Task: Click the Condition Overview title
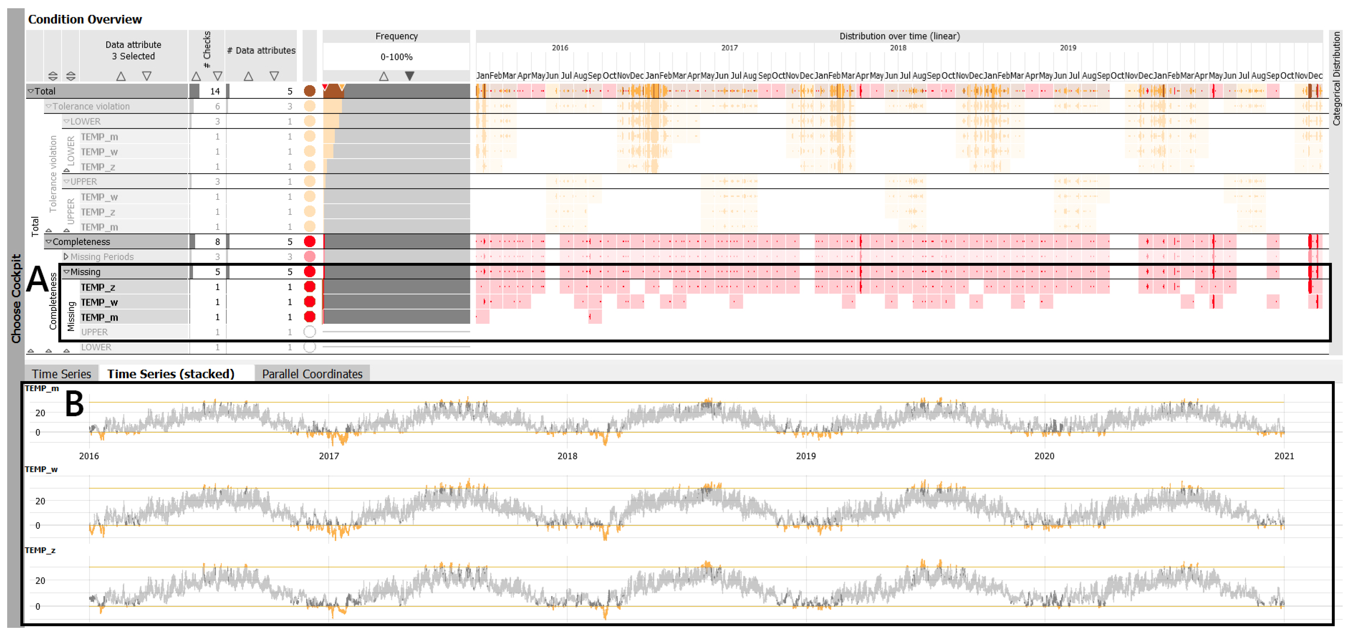point(84,19)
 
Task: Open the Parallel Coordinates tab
point(312,374)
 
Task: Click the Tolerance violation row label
point(91,106)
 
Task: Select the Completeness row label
point(81,241)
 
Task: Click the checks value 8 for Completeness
point(217,241)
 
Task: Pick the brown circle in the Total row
point(310,91)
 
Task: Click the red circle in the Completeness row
point(310,241)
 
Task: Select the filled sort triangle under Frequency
point(409,76)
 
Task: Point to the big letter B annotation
point(74,404)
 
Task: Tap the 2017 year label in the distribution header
point(729,48)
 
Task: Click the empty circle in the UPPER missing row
point(310,332)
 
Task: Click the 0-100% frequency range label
point(396,57)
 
